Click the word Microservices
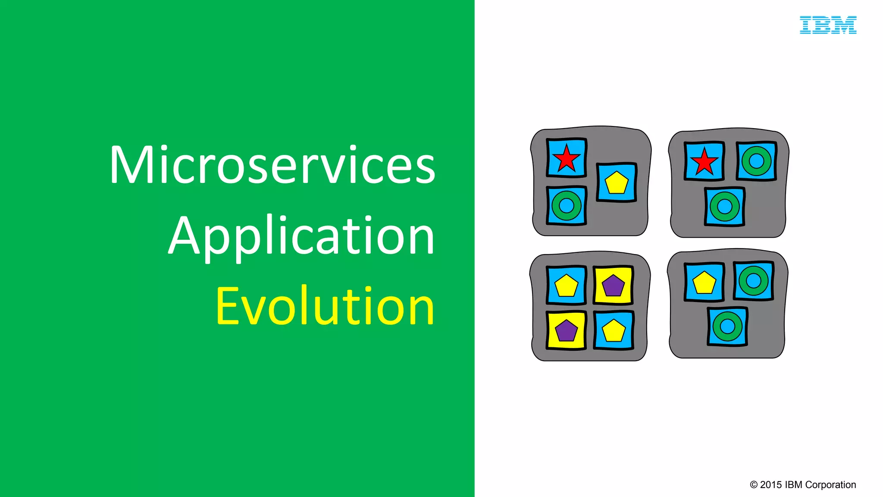click(272, 165)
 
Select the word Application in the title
click(301, 236)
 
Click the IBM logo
click(828, 25)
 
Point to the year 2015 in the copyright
click(771, 485)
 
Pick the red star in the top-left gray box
click(566, 158)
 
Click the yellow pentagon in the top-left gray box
click(617, 183)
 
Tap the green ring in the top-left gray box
click(566, 206)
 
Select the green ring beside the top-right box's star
click(756, 161)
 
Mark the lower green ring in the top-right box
click(724, 207)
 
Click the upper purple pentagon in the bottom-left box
click(613, 286)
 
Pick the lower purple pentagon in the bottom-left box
click(566, 331)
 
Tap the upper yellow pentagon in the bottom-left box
click(566, 286)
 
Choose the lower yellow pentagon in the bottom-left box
click(613, 331)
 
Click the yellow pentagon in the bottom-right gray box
click(704, 283)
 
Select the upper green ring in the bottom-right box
click(753, 281)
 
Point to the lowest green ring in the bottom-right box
click(727, 327)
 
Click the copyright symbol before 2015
click(754, 485)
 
